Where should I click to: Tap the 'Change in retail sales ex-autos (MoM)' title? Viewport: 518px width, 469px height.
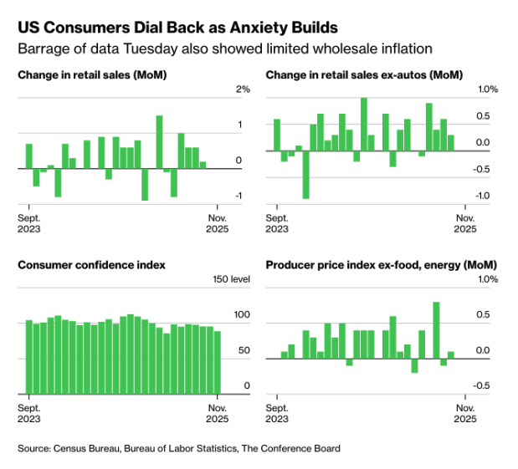point(346,75)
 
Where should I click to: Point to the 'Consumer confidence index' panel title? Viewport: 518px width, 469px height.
point(91,265)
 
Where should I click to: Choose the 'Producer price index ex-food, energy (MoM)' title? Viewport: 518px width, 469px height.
point(370,265)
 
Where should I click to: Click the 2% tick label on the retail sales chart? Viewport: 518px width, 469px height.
point(243,89)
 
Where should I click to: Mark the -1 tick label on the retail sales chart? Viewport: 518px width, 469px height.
point(238,196)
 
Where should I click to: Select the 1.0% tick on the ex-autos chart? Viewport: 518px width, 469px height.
point(488,89)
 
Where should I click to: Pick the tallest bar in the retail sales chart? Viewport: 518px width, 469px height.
point(159,141)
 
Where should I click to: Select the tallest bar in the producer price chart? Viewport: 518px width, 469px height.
point(436,330)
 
